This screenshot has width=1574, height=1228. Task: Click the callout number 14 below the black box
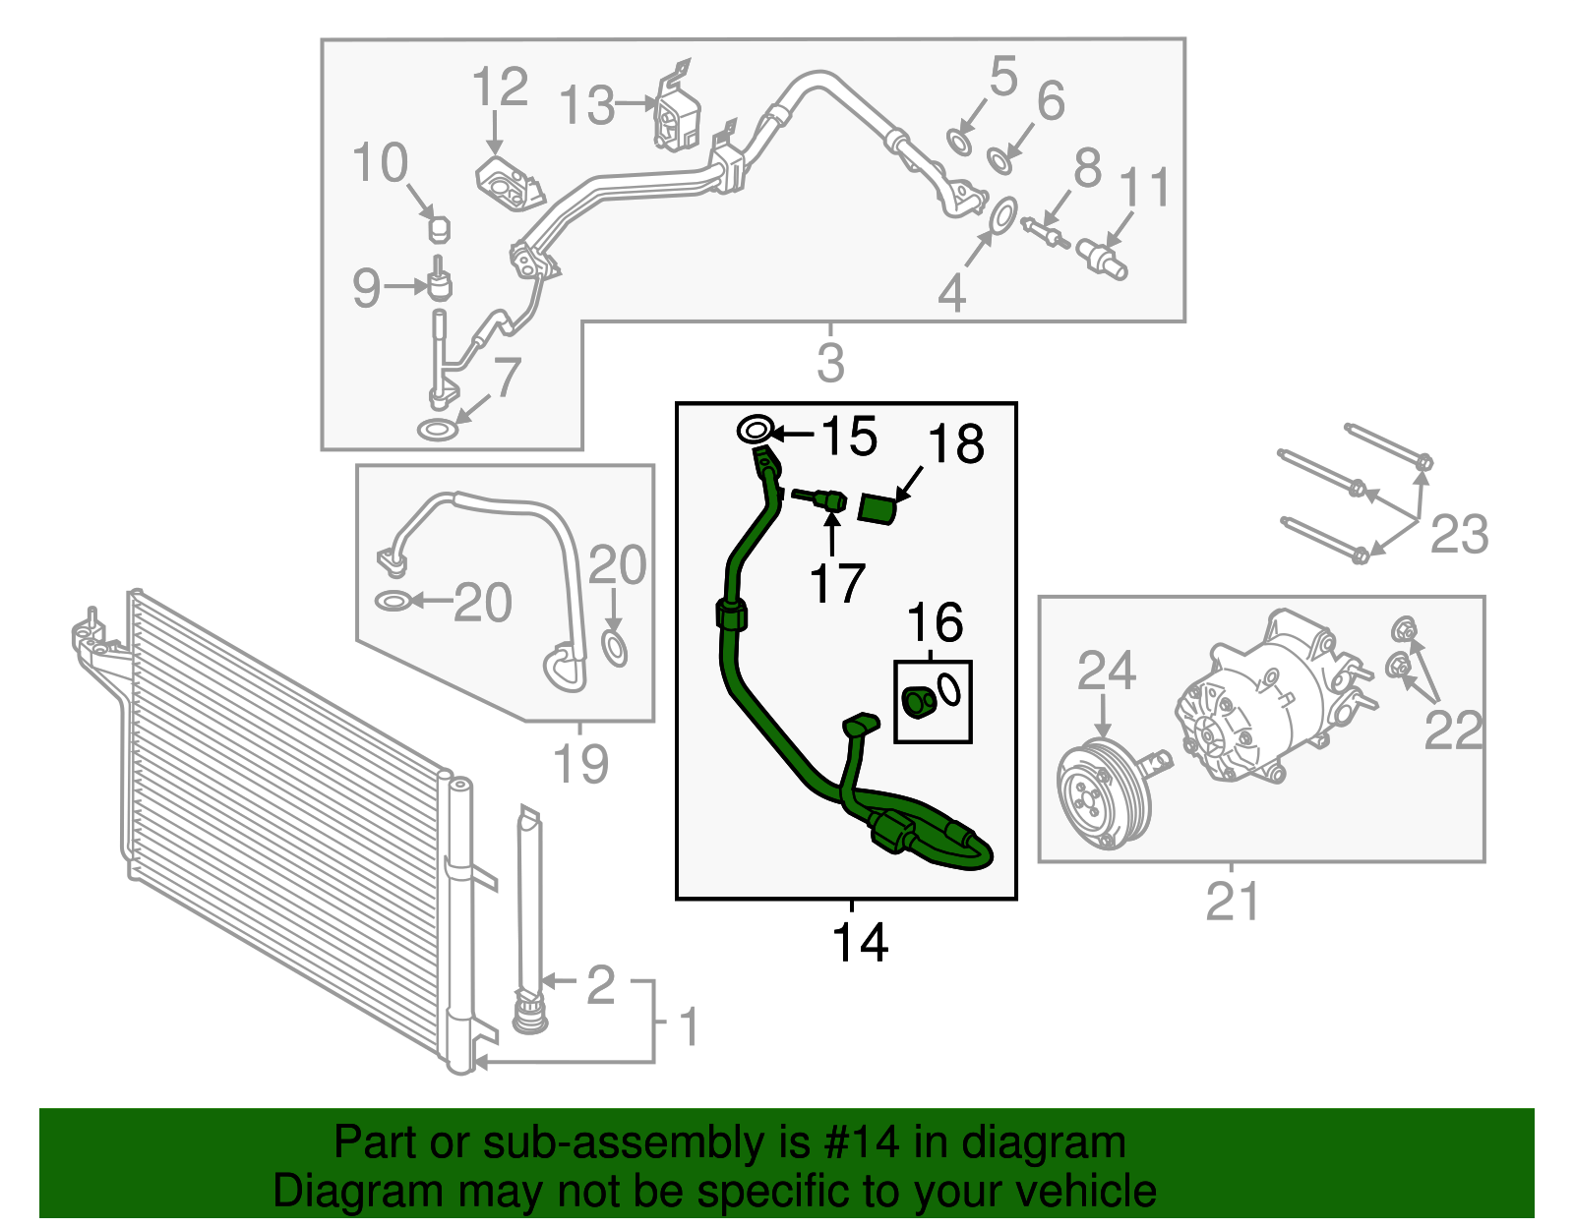(860, 942)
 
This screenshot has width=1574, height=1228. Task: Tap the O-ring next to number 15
(755, 431)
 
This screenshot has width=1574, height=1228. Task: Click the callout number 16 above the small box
(935, 622)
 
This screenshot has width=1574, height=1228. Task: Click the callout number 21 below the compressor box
(1232, 902)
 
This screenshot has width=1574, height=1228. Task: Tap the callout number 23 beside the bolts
(1459, 535)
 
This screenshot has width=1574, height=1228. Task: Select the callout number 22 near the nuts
(1453, 730)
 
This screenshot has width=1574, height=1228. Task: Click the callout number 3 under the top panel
(830, 363)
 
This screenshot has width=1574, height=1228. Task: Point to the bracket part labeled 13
(677, 116)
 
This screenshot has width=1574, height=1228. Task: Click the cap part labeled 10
(439, 229)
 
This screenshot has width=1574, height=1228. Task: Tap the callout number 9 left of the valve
(366, 287)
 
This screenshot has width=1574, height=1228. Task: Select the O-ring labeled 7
(438, 430)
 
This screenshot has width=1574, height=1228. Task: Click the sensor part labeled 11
(1101, 258)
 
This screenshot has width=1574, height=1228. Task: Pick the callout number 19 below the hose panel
(580, 763)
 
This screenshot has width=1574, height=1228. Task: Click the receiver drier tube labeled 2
(529, 905)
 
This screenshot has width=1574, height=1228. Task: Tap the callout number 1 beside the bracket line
(690, 1027)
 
